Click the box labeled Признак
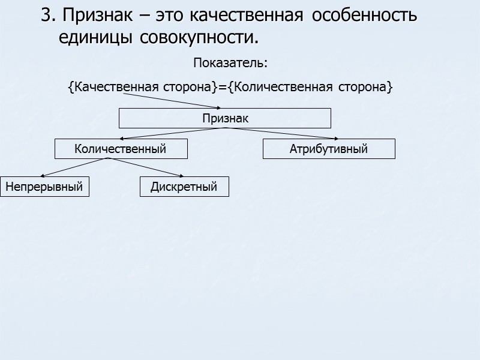click(x=224, y=118)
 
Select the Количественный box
click(x=121, y=149)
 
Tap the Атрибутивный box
click(x=329, y=149)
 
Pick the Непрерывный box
click(x=44, y=187)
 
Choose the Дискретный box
click(x=184, y=187)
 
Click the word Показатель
click(x=230, y=63)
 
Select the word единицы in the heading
click(x=97, y=38)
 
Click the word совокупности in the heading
click(x=199, y=38)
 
